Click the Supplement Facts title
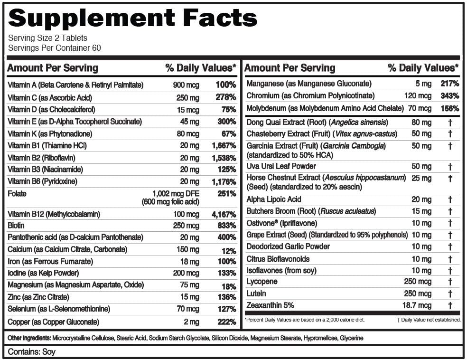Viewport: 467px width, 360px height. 133,18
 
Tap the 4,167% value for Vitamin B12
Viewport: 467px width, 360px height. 224,214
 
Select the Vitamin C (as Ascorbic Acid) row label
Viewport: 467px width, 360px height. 50,97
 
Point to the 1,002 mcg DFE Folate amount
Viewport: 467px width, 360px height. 176,194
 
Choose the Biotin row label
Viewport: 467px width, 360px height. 16,225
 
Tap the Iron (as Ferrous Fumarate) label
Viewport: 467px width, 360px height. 47,261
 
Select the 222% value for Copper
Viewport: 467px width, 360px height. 226,322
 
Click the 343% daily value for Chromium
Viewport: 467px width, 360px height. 449,96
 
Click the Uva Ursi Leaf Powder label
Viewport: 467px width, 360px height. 281,166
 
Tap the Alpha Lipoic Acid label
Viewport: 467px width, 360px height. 273,199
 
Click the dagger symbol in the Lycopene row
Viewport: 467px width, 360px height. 450,282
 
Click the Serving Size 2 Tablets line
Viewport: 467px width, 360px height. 48,38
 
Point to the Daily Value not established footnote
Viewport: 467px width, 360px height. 429,320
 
